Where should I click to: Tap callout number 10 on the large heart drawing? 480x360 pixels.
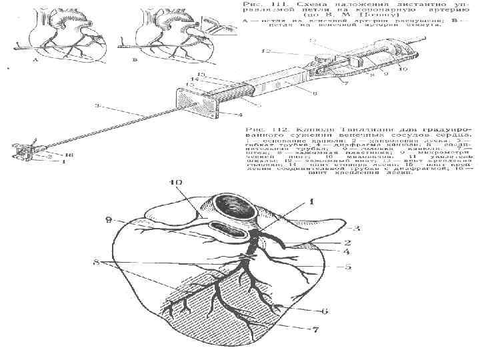click(x=175, y=181)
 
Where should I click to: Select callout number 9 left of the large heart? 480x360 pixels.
click(x=108, y=219)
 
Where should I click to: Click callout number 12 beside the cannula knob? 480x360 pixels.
click(x=267, y=51)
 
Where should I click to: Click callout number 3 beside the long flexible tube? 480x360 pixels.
click(x=98, y=105)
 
